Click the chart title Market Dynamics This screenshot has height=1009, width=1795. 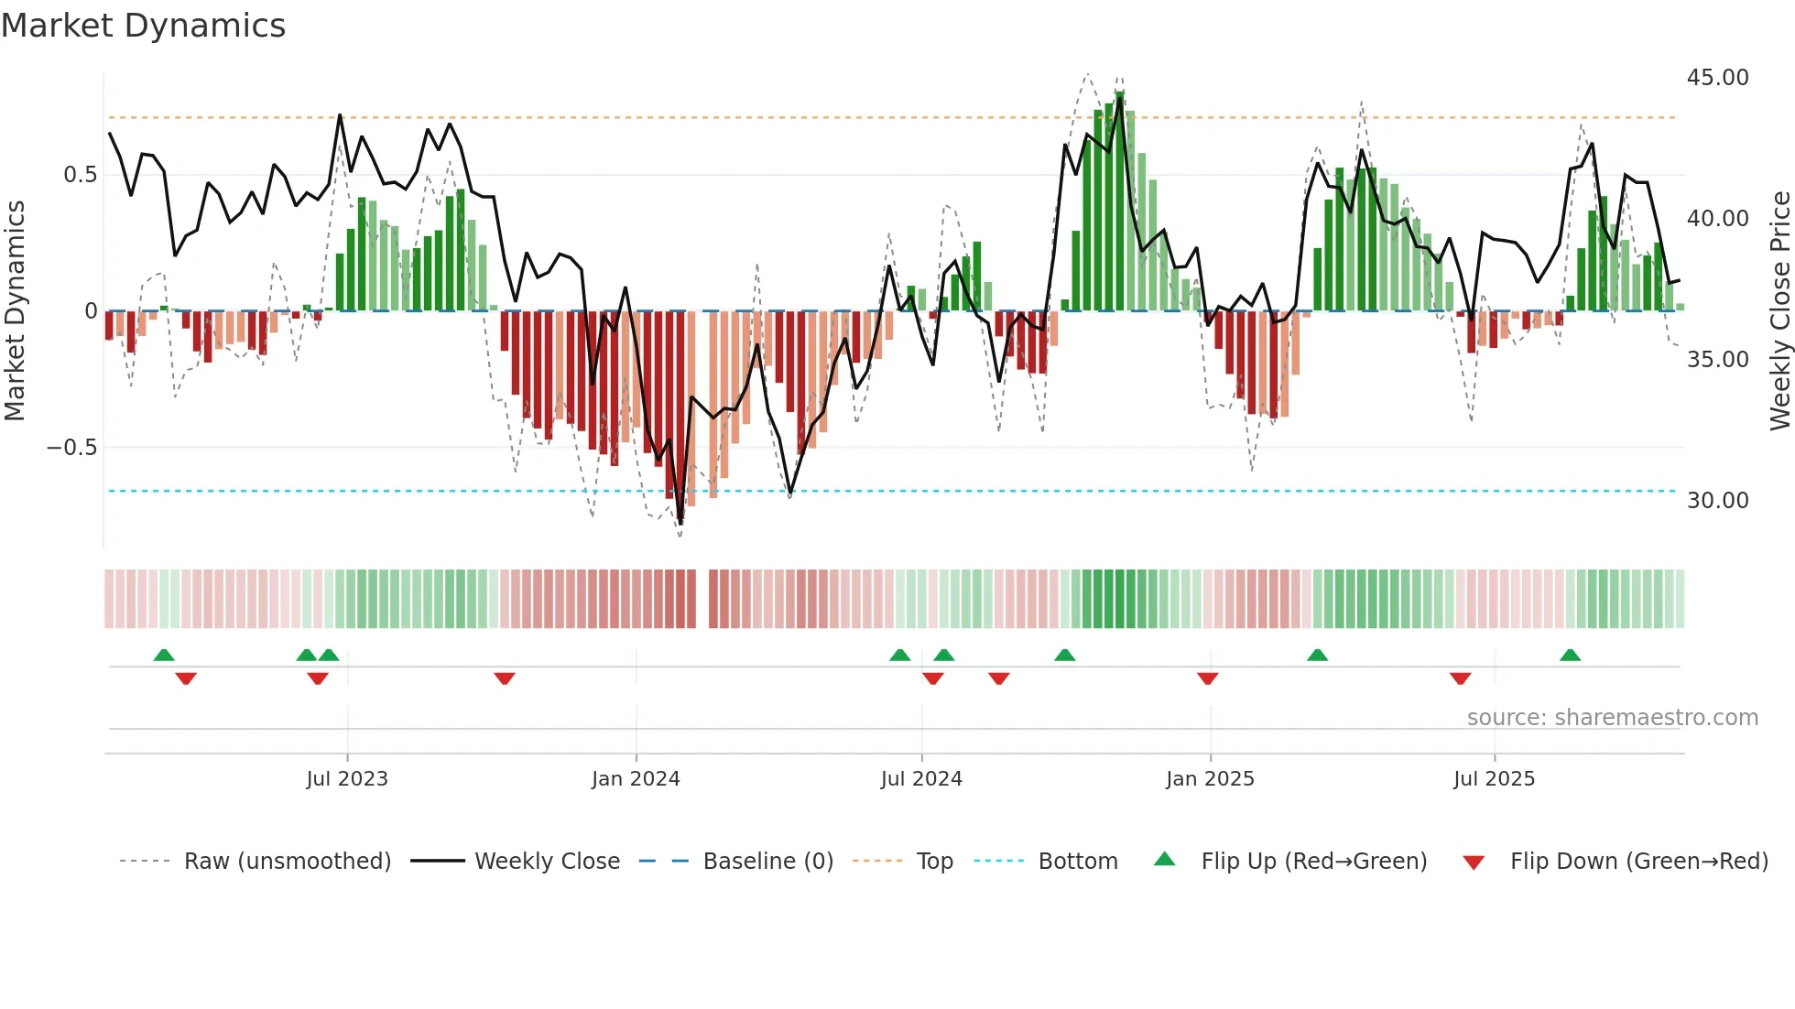(x=144, y=26)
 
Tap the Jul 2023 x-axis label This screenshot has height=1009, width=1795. (x=347, y=779)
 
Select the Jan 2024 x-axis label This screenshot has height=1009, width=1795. (x=636, y=779)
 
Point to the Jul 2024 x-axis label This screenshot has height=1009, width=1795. (x=921, y=779)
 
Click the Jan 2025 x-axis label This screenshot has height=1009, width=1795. (x=1210, y=779)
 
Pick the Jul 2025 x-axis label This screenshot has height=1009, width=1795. (x=1494, y=779)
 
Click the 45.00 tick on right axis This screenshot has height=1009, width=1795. (x=1717, y=78)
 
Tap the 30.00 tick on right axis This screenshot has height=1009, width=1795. (x=1717, y=501)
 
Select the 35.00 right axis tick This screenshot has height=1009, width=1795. (x=1717, y=360)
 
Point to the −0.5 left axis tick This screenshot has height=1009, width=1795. (x=71, y=448)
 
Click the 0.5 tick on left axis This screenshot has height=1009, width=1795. (x=80, y=175)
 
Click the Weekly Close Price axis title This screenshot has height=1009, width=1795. (x=1779, y=311)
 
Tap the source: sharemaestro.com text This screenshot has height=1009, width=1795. (x=1612, y=718)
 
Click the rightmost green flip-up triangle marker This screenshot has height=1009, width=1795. (x=1570, y=656)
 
